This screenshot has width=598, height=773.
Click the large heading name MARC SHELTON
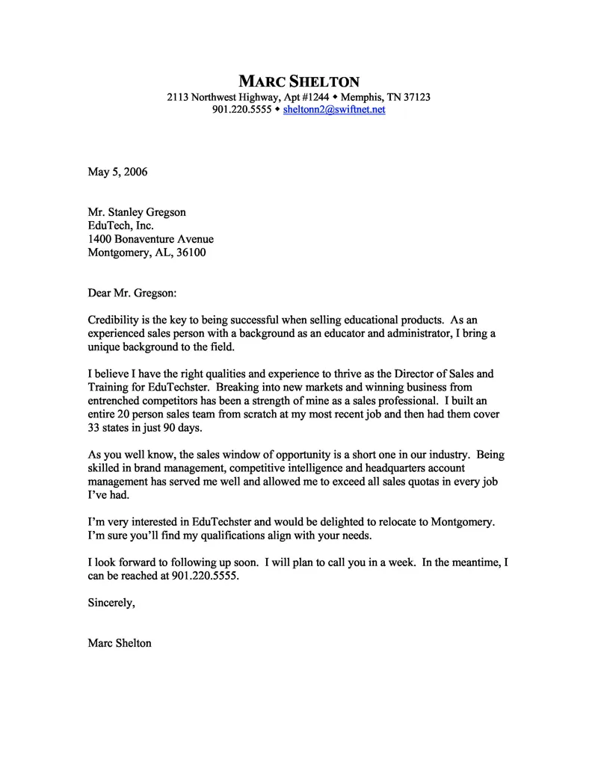coord(298,81)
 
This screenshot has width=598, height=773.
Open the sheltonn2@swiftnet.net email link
coord(334,109)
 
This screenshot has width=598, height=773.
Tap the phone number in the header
coord(241,109)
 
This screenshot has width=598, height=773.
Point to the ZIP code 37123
coord(415,97)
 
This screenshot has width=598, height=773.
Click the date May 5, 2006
coord(117,172)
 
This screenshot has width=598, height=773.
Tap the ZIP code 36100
coord(191,252)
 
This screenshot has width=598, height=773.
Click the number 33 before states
coord(94,429)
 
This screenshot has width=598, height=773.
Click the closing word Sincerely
coord(111,603)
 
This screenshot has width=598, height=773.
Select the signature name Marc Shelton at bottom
coord(120,642)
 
